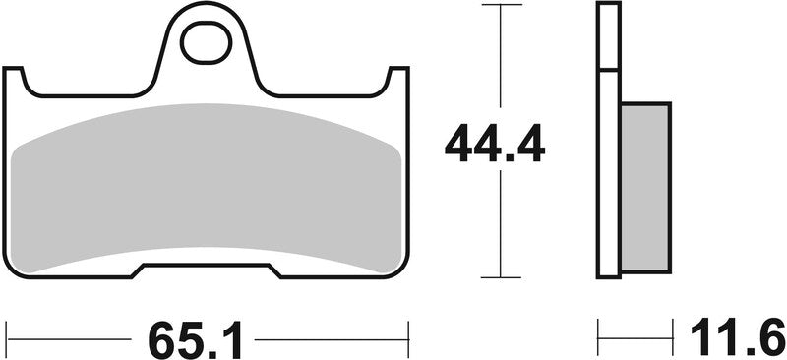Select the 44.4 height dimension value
(494, 145)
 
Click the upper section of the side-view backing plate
(609, 37)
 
